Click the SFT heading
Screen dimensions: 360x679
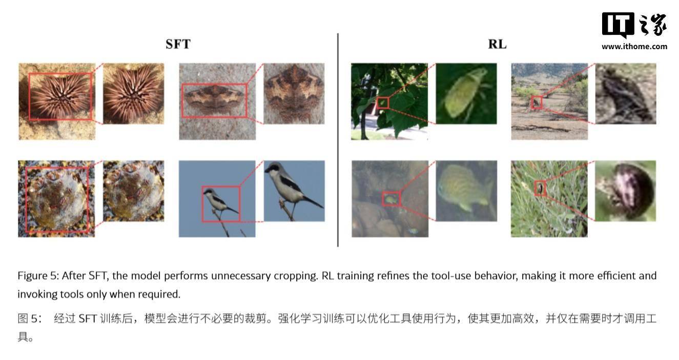pyautogui.click(x=178, y=45)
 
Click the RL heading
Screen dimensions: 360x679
pyautogui.click(x=497, y=45)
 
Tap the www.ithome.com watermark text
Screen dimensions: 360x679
pyautogui.click(x=634, y=47)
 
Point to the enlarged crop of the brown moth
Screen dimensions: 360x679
pyautogui.click(x=294, y=94)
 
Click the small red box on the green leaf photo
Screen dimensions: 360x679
pyautogui.click(x=383, y=103)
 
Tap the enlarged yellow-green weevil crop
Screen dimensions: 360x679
pyautogui.click(x=466, y=94)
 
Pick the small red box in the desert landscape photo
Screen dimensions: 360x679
pyautogui.click(x=537, y=102)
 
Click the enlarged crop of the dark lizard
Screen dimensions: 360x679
pyautogui.click(x=626, y=94)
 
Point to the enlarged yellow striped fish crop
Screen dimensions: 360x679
pyautogui.click(x=466, y=191)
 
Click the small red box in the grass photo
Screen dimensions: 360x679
pyautogui.click(x=540, y=188)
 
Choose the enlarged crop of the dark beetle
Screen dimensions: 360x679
pyautogui.click(x=626, y=191)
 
